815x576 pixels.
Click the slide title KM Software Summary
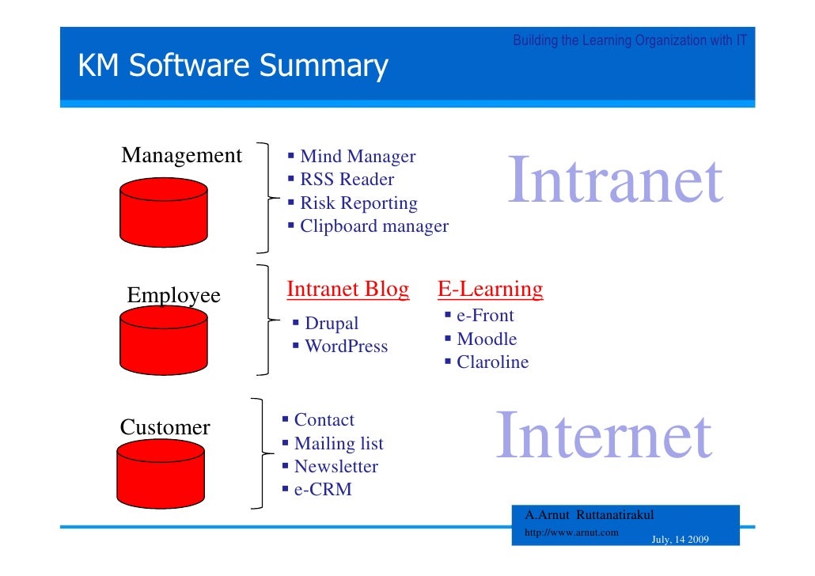233,66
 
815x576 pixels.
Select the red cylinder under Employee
165,341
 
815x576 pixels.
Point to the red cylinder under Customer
161,474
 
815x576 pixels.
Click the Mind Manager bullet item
357,157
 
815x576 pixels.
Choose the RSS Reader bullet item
347,180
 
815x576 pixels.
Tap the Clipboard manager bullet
373,226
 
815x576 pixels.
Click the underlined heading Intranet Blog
348,290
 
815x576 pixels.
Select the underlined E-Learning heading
491,290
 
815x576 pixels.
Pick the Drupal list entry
331,323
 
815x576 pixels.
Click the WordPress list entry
346,346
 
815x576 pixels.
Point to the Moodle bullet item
487,339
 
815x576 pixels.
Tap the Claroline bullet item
492,362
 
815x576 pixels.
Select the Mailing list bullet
338,443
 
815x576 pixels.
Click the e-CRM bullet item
322,490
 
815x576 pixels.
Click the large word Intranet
615,181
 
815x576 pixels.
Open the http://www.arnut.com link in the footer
571,532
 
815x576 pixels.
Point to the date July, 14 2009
680,540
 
